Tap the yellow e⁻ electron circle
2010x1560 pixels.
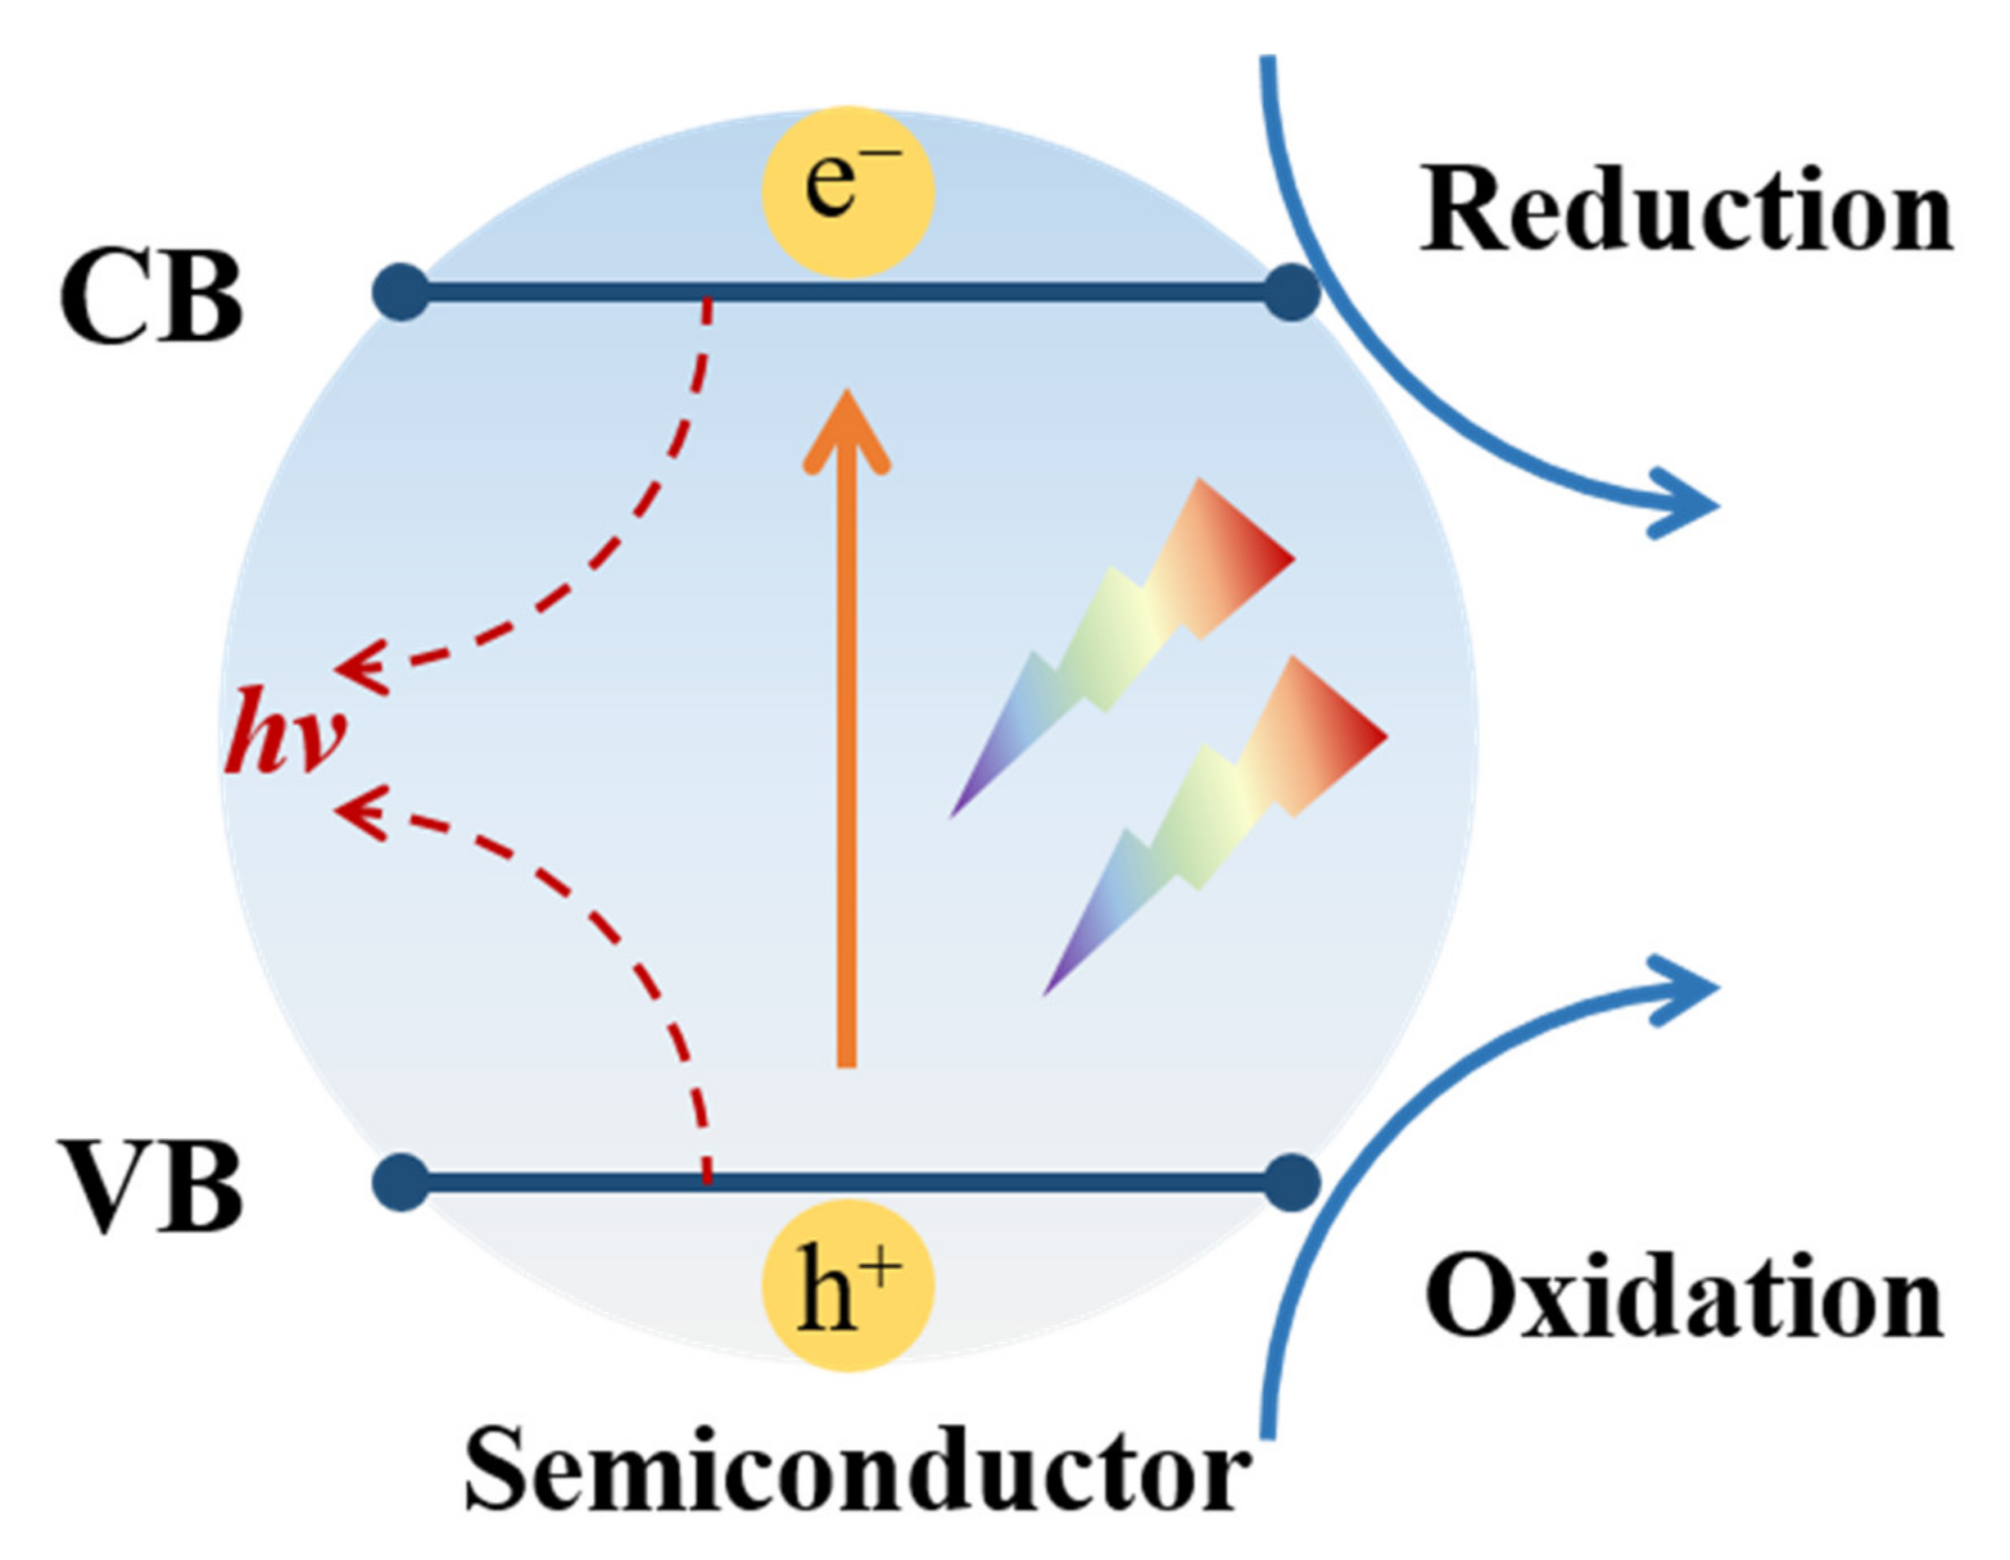click(x=848, y=192)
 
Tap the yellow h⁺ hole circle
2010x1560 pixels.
click(x=848, y=1285)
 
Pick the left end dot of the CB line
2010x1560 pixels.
click(x=401, y=292)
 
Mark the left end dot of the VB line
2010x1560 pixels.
click(x=401, y=1181)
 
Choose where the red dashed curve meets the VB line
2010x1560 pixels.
click(x=707, y=1180)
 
